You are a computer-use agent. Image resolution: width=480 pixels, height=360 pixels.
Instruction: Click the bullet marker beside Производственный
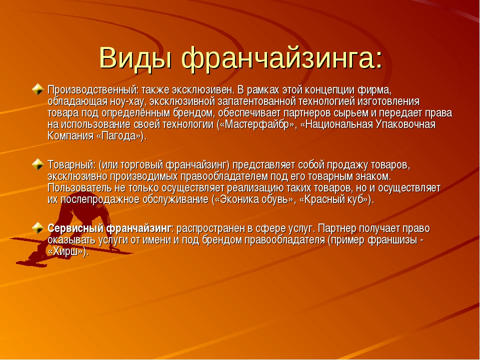(x=38, y=89)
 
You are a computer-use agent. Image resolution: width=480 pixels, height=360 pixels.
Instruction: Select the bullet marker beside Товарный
(x=38, y=164)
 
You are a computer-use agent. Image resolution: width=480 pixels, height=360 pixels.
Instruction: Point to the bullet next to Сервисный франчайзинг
(x=38, y=228)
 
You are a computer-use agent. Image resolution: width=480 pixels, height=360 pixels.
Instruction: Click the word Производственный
(x=93, y=90)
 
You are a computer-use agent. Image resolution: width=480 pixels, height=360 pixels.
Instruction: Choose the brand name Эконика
(x=239, y=199)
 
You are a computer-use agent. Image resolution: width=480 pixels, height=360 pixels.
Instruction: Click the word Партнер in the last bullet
(x=336, y=228)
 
